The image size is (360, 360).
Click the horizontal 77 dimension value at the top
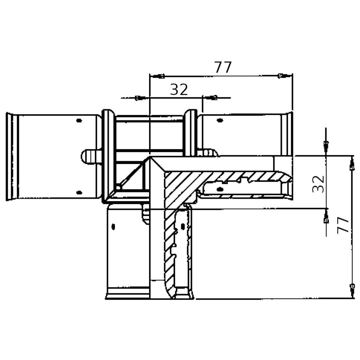coord(223,67)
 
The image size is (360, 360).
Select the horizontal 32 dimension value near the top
coord(179,90)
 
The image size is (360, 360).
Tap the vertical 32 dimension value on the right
coord(318,184)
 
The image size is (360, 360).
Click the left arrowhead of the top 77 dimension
coord(159,76)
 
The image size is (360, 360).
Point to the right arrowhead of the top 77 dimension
coord(284,76)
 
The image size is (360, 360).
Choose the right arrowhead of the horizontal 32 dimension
coord(211,97)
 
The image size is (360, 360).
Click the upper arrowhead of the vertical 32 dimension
coord(326,146)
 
